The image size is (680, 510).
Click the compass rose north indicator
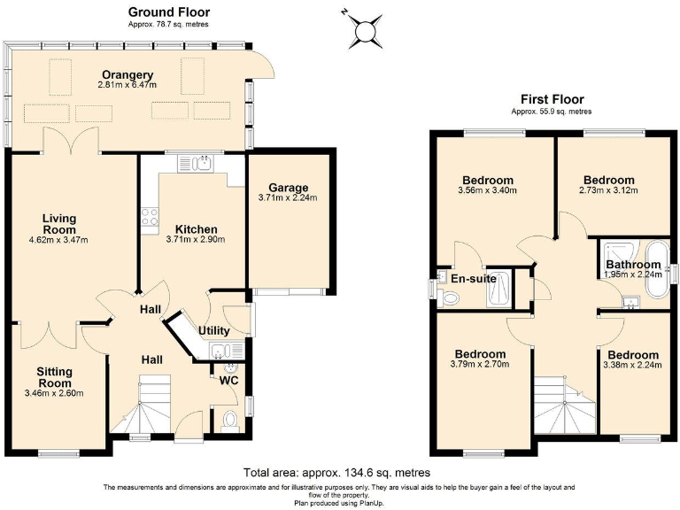click(364, 31)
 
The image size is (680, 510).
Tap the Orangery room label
click(127, 74)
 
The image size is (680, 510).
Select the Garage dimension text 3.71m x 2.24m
click(289, 198)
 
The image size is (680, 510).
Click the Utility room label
click(213, 330)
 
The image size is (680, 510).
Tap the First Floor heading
click(552, 99)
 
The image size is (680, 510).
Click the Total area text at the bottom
click(340, 471)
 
